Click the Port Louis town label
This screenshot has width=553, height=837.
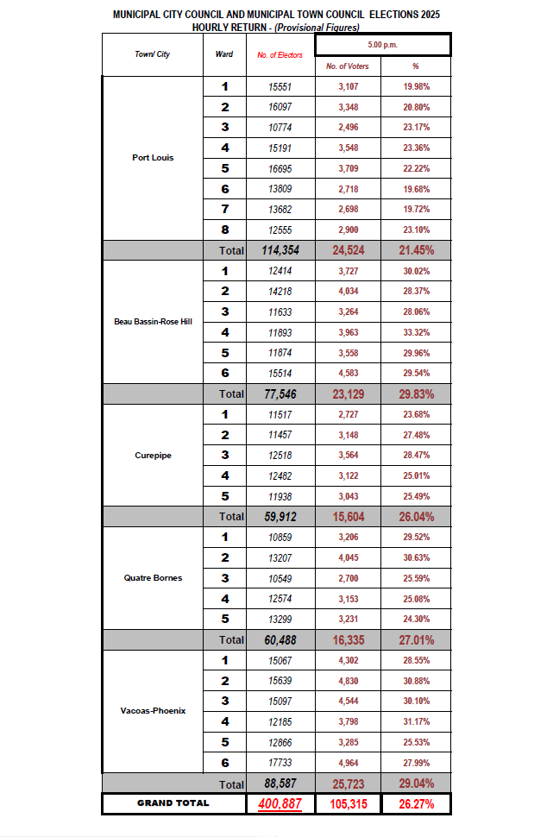(x=153, y=158)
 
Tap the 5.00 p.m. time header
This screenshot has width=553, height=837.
(x=382, y=43)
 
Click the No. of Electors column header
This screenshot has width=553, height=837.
(x=280, y=54)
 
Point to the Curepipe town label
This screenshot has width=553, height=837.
(x=153, y=455)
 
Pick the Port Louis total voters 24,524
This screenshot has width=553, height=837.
(x=349, y=250)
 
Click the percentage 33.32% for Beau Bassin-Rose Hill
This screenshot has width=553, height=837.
(x=416, y=331)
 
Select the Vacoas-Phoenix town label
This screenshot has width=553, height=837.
(x=153, y=710)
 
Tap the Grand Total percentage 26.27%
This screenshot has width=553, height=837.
(x=416, y=802)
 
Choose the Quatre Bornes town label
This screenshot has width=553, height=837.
(x=153, y=577)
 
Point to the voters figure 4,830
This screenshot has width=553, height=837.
(x=349, y=680)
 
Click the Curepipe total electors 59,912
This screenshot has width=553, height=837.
(x=280, y=516)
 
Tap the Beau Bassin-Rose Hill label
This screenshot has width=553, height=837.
(x=153, y=322)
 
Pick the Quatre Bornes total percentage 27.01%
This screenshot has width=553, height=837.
(x=416, y=639)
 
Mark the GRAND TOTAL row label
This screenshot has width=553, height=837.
(x=173, y=802)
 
